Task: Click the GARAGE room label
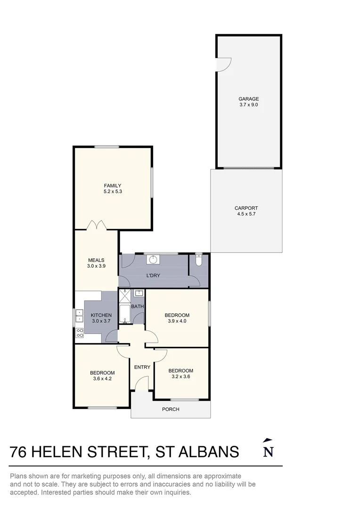point(249,99)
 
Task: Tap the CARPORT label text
point(246,208)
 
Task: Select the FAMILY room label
point(113,186)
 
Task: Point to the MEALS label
point(97,260)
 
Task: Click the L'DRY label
point(153,276)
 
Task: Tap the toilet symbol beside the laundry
point(199,259)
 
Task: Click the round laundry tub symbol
point(152,260)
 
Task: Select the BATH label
point(138,306)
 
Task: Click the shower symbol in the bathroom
point(124,296)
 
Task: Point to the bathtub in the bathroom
point(124,314)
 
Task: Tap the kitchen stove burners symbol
point(80,333)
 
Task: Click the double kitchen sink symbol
point(79,315)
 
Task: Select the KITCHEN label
point(101,315)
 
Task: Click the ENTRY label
point(142,367)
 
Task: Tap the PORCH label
point(171,410)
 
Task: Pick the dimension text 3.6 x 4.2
point(102,378)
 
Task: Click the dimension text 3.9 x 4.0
point(177,321)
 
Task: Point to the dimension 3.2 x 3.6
point(181,377)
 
